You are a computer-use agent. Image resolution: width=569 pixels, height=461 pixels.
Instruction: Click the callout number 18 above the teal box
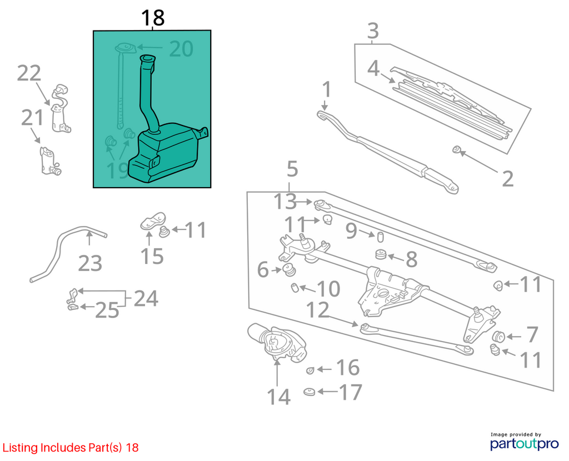(x=153, y=18)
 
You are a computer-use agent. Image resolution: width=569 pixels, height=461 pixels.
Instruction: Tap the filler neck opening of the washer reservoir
(x=147, y=58)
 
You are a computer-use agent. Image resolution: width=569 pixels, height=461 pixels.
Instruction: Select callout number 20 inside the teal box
(x=181, y=49)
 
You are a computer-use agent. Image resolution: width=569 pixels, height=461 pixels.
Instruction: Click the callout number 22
(x=29, y=73)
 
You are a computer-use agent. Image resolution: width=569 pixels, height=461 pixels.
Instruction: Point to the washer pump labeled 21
(x=49, y=161)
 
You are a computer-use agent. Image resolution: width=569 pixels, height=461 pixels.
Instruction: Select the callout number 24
(x=146, y=298)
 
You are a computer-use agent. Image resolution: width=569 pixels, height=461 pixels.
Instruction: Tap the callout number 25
(x=107, y=310)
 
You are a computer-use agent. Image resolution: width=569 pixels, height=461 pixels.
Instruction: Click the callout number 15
(x=152, y=256)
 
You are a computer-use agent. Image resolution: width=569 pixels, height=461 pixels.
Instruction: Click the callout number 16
(x=348, y=368)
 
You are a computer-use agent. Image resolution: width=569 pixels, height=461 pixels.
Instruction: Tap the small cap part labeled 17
(x=309, y=392)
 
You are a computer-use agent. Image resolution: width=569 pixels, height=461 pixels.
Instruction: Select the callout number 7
(x=532, y=334)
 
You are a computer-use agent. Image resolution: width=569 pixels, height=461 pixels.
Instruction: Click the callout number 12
(x=318, y=310)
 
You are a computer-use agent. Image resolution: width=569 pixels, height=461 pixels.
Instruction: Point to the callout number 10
(x=328, y=289)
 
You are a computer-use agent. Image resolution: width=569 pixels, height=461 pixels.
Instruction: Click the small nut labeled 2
(x=457, y=149)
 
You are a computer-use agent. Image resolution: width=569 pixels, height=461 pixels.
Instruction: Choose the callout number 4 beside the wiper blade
(x=373, y=68)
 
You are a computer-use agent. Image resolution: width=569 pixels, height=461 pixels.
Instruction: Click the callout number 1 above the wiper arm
(x=327, y=89)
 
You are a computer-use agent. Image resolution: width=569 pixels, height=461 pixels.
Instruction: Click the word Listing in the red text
(x=21, y=448)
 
